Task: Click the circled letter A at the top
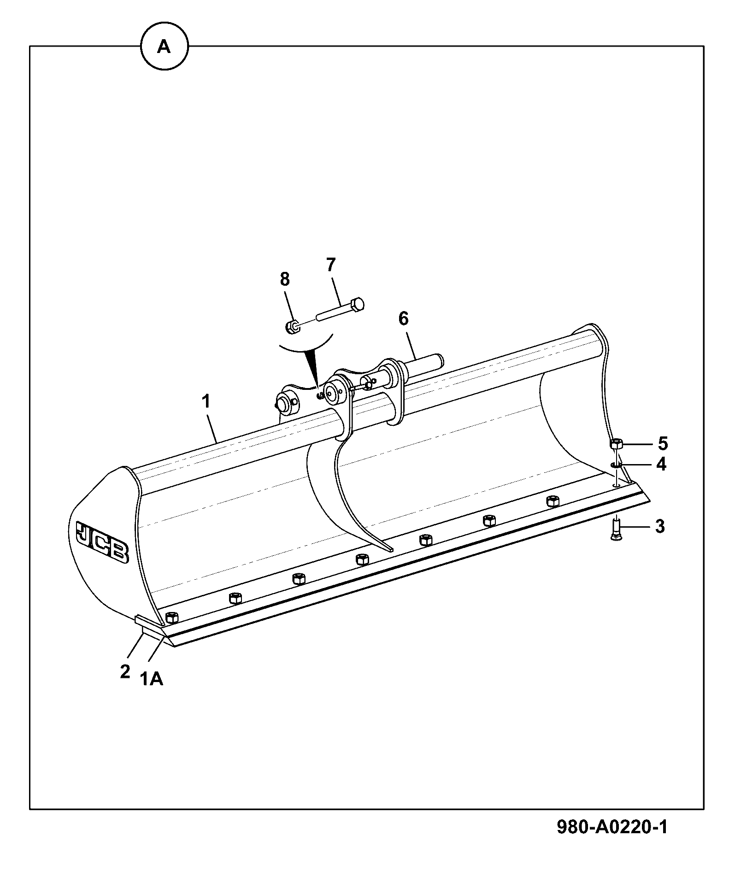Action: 165,47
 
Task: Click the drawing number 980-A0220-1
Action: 612,827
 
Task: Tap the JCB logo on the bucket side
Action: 102,542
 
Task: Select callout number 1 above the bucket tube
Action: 206,401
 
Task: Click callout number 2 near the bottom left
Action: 125,671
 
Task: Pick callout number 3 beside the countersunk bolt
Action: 660,526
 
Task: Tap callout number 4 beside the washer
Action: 661,464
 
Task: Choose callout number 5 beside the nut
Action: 662,443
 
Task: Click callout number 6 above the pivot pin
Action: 403,318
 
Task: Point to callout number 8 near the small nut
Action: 285,279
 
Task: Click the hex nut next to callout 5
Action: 617,444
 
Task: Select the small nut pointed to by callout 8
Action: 292,327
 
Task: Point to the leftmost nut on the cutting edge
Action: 171,616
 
